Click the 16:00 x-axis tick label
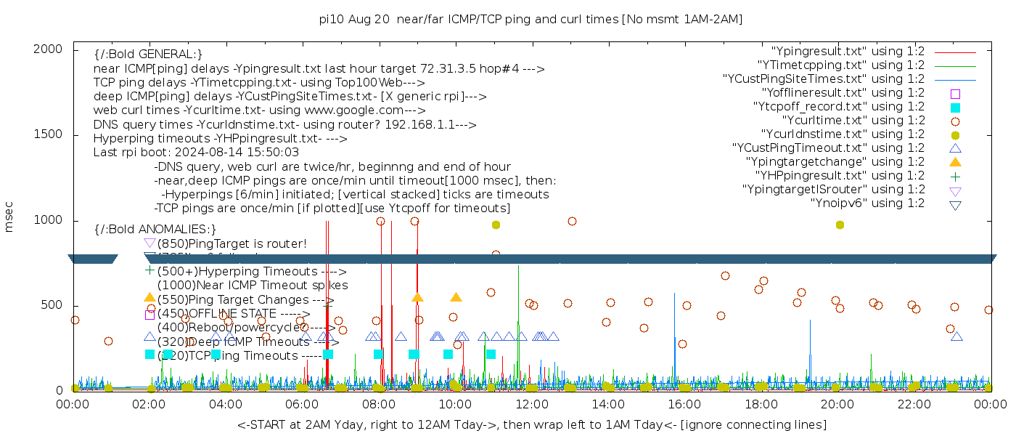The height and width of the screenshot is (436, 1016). [684, 404]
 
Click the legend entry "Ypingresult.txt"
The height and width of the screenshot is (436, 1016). [848, 52]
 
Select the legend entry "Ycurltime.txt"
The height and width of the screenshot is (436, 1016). [853, 121]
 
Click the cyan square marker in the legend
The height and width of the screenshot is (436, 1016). [955, 108]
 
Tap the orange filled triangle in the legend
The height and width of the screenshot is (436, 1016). [955, 162]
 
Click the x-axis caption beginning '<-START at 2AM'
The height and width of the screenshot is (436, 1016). [531, 424]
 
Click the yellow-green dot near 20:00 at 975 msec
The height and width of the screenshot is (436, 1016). [840, 225]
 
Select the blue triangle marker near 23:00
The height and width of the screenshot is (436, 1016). [956, 336]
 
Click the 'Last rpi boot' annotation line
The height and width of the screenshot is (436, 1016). [196, 153]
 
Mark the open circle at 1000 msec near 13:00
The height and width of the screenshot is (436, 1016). [572, 221]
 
